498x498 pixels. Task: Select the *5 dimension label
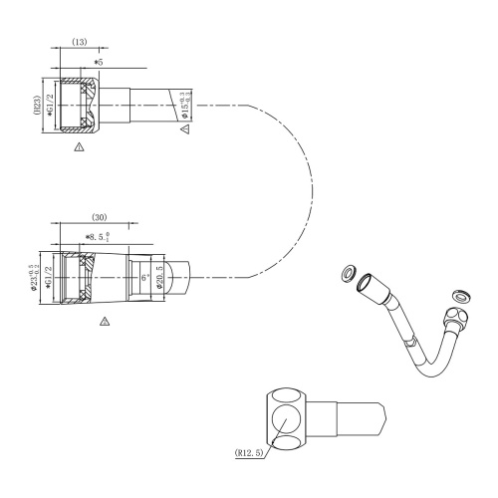(99, 62)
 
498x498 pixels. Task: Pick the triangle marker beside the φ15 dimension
(184, 129)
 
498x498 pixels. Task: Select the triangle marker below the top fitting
(80, 147)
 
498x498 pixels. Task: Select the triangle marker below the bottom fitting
(105, 323)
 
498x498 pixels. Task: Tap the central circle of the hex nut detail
(287, 413)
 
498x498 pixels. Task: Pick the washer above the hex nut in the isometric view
(460, 294)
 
